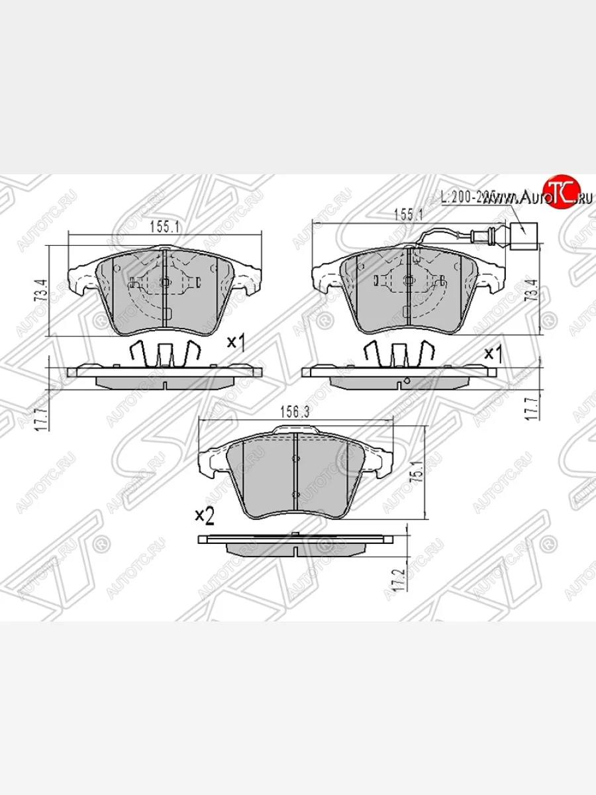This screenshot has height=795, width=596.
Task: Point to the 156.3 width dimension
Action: coord(293,411)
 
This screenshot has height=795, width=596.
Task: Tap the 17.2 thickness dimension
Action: coord(399,579)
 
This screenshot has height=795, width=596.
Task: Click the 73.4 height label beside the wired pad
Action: coord(548,290)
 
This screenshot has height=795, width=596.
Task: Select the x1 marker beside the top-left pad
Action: coord(236,343)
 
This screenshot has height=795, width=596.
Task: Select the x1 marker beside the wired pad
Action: coord(493,354)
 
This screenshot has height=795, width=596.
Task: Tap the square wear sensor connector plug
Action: coord(522,236)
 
